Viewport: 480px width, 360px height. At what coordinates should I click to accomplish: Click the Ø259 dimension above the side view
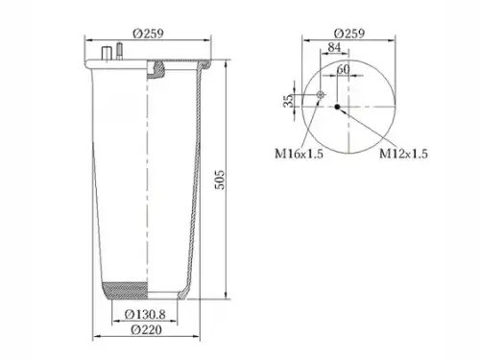pyautogui.click(x=148, y=34)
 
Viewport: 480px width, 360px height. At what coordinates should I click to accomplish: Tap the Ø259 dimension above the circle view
pyautogui.click(x=348, y=34)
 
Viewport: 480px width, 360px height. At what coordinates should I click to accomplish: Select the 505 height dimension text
pyautogui.click(x=220, y=180)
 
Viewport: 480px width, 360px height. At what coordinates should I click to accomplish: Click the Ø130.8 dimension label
pyautogui.click(x=145, y=315)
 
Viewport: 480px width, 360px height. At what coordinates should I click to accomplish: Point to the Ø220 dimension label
pyautogui.click(x=146, y=329)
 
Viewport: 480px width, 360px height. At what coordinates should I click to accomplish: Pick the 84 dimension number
pyautogui.click(x=334, y=47)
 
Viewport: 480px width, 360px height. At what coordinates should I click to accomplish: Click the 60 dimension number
pyautogui.click(x=343, y=69)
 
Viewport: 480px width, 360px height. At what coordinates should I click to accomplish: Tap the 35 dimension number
pyautogui.click(x=288, y=101)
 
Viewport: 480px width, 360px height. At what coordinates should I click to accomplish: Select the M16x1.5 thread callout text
pyautogui.click(x=300, y=154)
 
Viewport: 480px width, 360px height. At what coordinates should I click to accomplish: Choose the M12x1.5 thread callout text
pyautogui.click(x=403, y=154)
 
